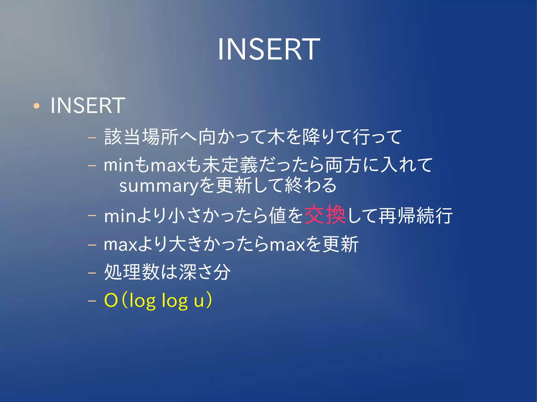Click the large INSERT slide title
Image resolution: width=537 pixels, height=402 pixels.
click(269, 49)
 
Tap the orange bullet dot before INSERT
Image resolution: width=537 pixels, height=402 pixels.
click(36, 106)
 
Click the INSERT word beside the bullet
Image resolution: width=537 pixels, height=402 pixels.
click(88, 106)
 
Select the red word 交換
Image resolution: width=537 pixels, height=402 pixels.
click(325, 215)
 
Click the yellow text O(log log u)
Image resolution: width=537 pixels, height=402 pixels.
click(158, 300)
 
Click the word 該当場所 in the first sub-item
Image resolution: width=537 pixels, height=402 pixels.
click(141, 137)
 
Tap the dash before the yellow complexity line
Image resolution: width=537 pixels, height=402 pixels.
click(92, 301)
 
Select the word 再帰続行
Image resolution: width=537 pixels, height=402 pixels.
click(416, 216)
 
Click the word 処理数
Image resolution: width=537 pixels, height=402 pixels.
click(132, 272)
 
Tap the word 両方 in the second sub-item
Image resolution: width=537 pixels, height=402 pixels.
click(344, 165)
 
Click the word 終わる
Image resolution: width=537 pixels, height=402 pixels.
click(311, 185)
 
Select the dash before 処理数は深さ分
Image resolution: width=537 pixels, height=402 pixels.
click(92, 273)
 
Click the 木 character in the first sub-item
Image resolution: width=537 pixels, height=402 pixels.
click(276, 137)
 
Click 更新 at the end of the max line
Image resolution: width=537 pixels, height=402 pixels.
click(340, 244)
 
